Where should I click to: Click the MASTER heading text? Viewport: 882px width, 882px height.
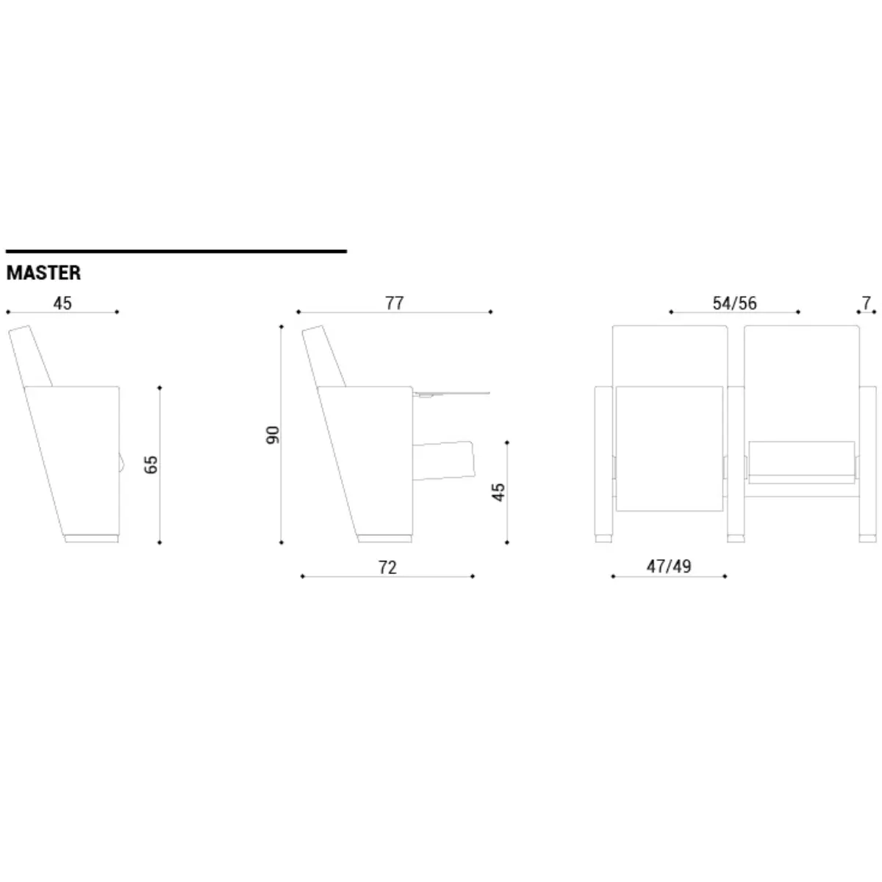pyautogui.click(x=43, y=273)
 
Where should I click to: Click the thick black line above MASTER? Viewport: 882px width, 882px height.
pyautogui.click(x=176, y=251)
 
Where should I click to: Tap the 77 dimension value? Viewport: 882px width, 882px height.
pyautogui.click(x=394, y=303)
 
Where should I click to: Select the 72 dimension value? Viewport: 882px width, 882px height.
pyautogui.click(x=387, y=567)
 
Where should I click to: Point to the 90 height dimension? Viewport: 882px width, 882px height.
pyautogui.click(x=273, y=434)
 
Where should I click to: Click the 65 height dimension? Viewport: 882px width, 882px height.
pyautogui.click(x=151, y=465)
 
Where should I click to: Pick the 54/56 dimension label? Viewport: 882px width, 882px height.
pyautogui.click(x=734, y=303)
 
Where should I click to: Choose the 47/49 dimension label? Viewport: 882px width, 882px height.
pyautogui.click(x=668, y=566)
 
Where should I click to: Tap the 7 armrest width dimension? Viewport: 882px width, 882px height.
pyautogui.click(x=866, y=303)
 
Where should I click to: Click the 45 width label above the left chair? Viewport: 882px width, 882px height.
pyautogui.click(x=62, y=303)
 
